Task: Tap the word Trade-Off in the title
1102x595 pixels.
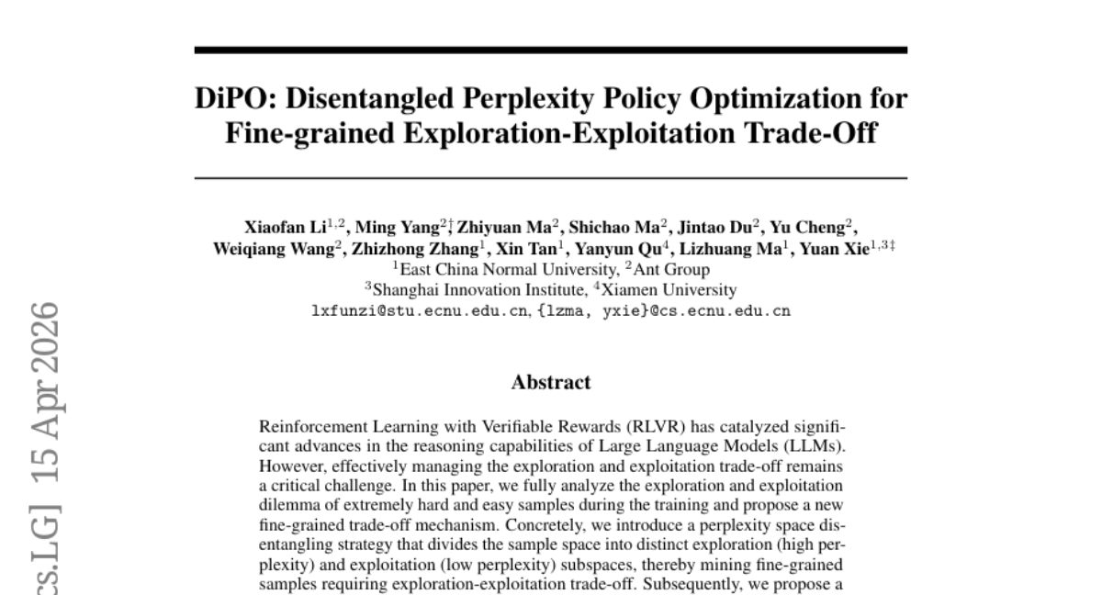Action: [811, 133]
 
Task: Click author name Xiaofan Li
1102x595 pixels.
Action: [286, 228]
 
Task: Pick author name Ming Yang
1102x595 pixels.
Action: [398, 228]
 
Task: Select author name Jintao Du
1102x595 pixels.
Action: [714, 228]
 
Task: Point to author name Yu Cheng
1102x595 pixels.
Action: [807, 228]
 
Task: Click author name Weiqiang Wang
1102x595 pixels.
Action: [274, 250]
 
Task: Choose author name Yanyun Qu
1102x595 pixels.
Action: [618, 250]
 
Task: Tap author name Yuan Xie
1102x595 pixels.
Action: [835, 250]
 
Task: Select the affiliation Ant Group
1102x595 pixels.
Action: [671, 270]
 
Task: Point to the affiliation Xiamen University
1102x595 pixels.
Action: [669, 290]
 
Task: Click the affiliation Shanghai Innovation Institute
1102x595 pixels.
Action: [479, 290]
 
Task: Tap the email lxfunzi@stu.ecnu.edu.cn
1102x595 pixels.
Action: [419, 311]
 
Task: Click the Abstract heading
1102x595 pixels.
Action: [551, 383]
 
